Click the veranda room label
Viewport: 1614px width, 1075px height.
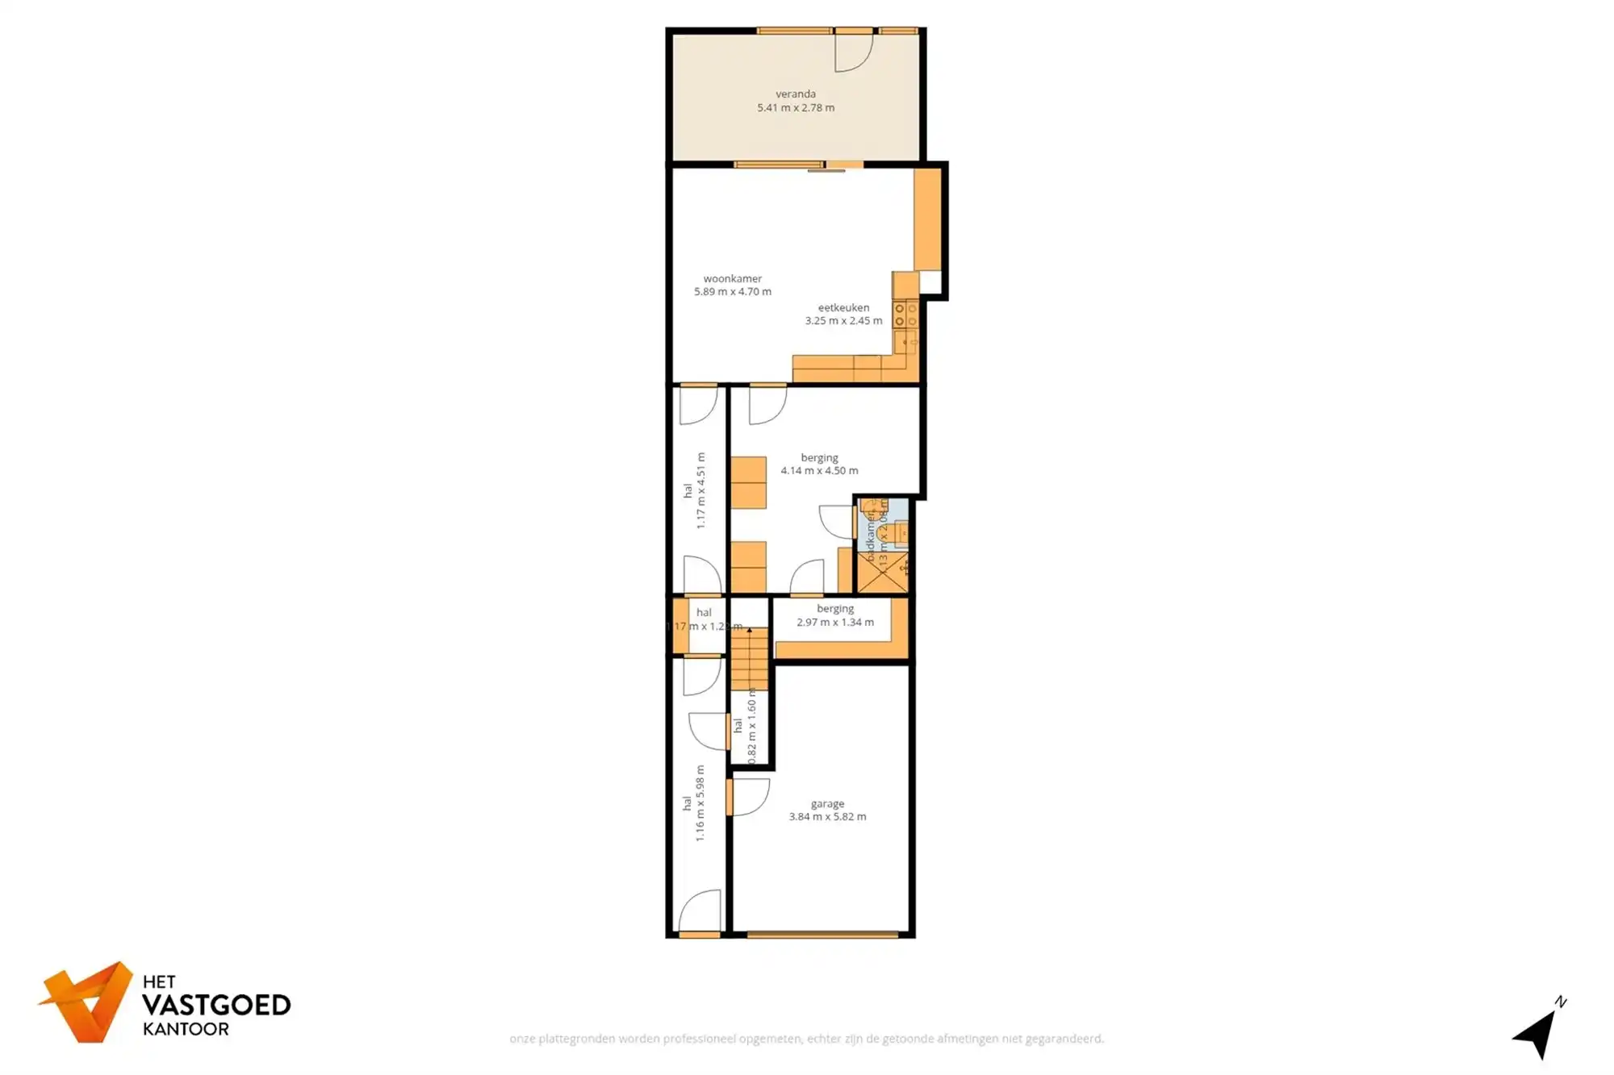796,94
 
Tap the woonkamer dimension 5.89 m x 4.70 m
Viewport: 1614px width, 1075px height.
733,292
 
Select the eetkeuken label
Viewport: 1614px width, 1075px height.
843,307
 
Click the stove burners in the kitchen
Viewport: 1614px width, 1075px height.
905,315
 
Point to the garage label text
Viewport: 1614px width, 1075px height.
827,803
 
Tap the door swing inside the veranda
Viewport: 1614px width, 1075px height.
852,52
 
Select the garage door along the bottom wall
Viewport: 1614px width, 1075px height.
822,935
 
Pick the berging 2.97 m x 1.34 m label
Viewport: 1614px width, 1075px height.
834,615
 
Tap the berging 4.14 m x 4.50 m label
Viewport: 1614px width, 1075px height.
819,464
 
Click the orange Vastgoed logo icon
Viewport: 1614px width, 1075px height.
87,1002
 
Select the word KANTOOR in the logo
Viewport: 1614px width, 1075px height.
186,1029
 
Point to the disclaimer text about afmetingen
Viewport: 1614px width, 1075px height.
806,1039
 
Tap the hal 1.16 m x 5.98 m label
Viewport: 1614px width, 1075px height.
693,803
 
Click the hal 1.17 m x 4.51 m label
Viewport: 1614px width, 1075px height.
694,490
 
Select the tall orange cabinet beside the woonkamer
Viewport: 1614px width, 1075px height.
927,219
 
